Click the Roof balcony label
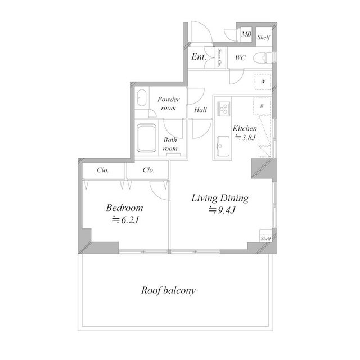click(168, 291)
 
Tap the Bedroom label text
click(124, 208)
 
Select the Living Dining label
click(220, 199)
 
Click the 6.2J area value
click(125, 220)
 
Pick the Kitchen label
click(245, 129)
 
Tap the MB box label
click(246, 35)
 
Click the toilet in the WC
click(262, 58)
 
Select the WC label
click(240, 57)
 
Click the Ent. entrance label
click(197, 57)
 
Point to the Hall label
click(200, 110)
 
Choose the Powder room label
click(168, 103)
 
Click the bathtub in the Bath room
click(147, 138)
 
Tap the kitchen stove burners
click(223, 106)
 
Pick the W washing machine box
click(263, 81)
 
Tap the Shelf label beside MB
click(264, 38)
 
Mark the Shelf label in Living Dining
click(265, 238)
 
